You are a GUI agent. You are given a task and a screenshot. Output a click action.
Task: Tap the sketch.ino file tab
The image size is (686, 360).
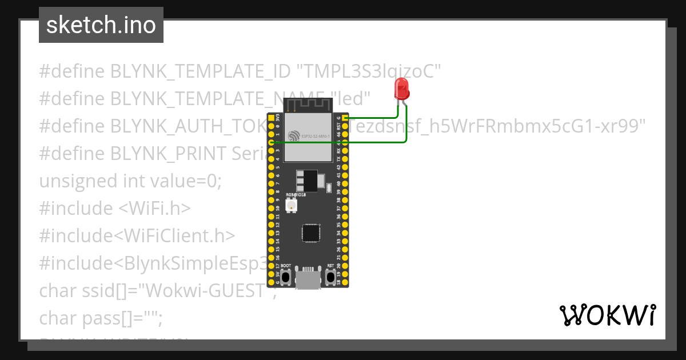[101, 25]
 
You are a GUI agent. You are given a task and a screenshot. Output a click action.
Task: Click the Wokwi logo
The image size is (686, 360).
[607, 315]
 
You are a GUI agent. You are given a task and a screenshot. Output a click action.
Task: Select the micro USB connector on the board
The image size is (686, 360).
[309, 278]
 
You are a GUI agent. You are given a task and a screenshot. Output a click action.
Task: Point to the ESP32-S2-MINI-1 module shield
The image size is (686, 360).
[309, 136]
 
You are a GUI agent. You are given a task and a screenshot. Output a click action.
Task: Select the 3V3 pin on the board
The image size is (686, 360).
[271, 117]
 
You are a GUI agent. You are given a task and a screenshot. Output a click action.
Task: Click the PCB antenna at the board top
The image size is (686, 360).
[309, 105]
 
